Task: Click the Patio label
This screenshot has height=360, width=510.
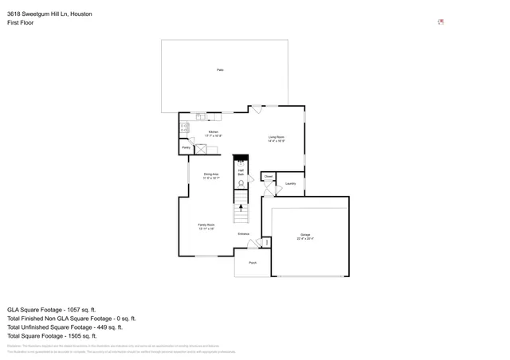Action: click(220, 70)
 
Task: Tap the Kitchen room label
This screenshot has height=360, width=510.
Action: click(214, 131)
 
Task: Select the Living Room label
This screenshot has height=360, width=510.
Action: click(277, 137)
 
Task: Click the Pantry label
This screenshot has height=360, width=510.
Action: click(186, 147)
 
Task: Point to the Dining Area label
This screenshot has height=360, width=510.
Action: click(211, 174)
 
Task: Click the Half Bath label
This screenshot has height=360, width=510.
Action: click(240, 171)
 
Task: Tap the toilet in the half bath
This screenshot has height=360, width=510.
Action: click(240, 183)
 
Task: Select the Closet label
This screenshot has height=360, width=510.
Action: click(269, 176)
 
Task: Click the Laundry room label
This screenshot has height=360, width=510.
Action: click(290, 184)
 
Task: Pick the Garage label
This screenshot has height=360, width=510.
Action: click(305, 234)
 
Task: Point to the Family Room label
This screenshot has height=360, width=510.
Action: click(206, 225)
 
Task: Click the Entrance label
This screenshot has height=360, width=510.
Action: click(244, 233)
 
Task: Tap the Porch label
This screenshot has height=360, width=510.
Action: click(253, 262)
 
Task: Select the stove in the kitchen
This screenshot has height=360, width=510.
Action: click(183, 127)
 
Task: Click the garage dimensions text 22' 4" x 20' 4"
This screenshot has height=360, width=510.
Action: click(305, 238)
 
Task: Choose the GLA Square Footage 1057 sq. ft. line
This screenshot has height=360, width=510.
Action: click(52, 309)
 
